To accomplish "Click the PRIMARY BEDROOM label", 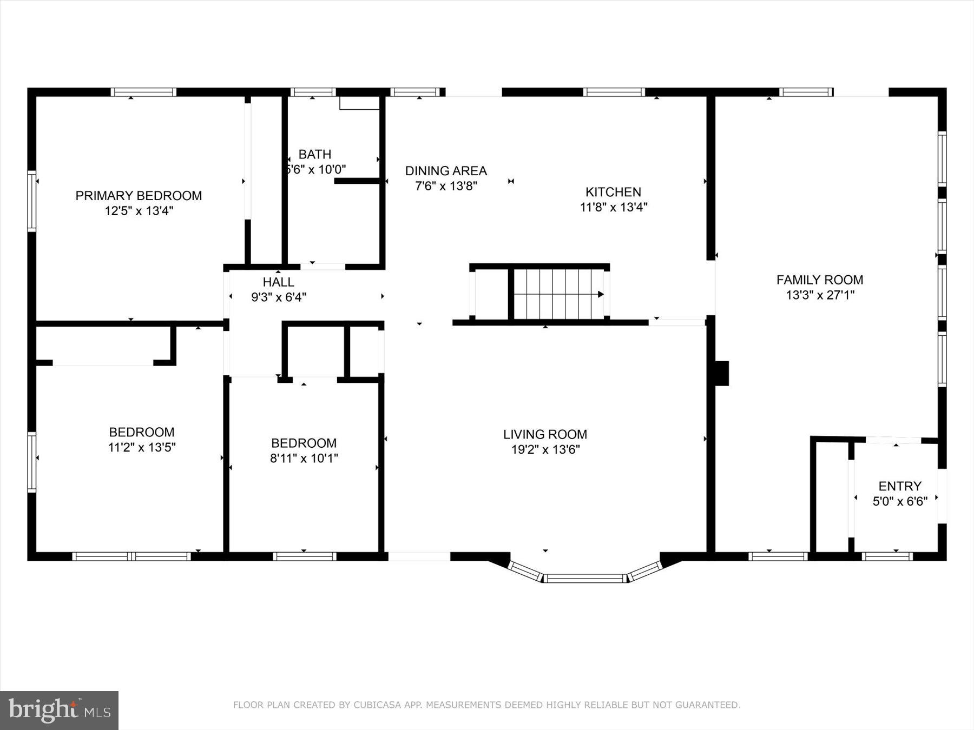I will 139,196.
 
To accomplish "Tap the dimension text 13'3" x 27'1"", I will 820,295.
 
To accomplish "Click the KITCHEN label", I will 613,192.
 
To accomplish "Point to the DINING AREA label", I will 446,171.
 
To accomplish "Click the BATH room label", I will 315,155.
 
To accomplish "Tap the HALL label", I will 278,282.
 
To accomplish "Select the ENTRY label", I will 899,486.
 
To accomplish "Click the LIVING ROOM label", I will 545,434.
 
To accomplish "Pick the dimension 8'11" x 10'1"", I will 304,459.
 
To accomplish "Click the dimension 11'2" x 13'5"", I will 142,448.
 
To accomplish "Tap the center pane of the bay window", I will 585,579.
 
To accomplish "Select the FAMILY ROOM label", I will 820,280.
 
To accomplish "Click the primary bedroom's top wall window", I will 143,92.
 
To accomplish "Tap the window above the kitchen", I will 614,92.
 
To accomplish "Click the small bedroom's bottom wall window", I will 304,556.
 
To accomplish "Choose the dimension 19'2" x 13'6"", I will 545,450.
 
